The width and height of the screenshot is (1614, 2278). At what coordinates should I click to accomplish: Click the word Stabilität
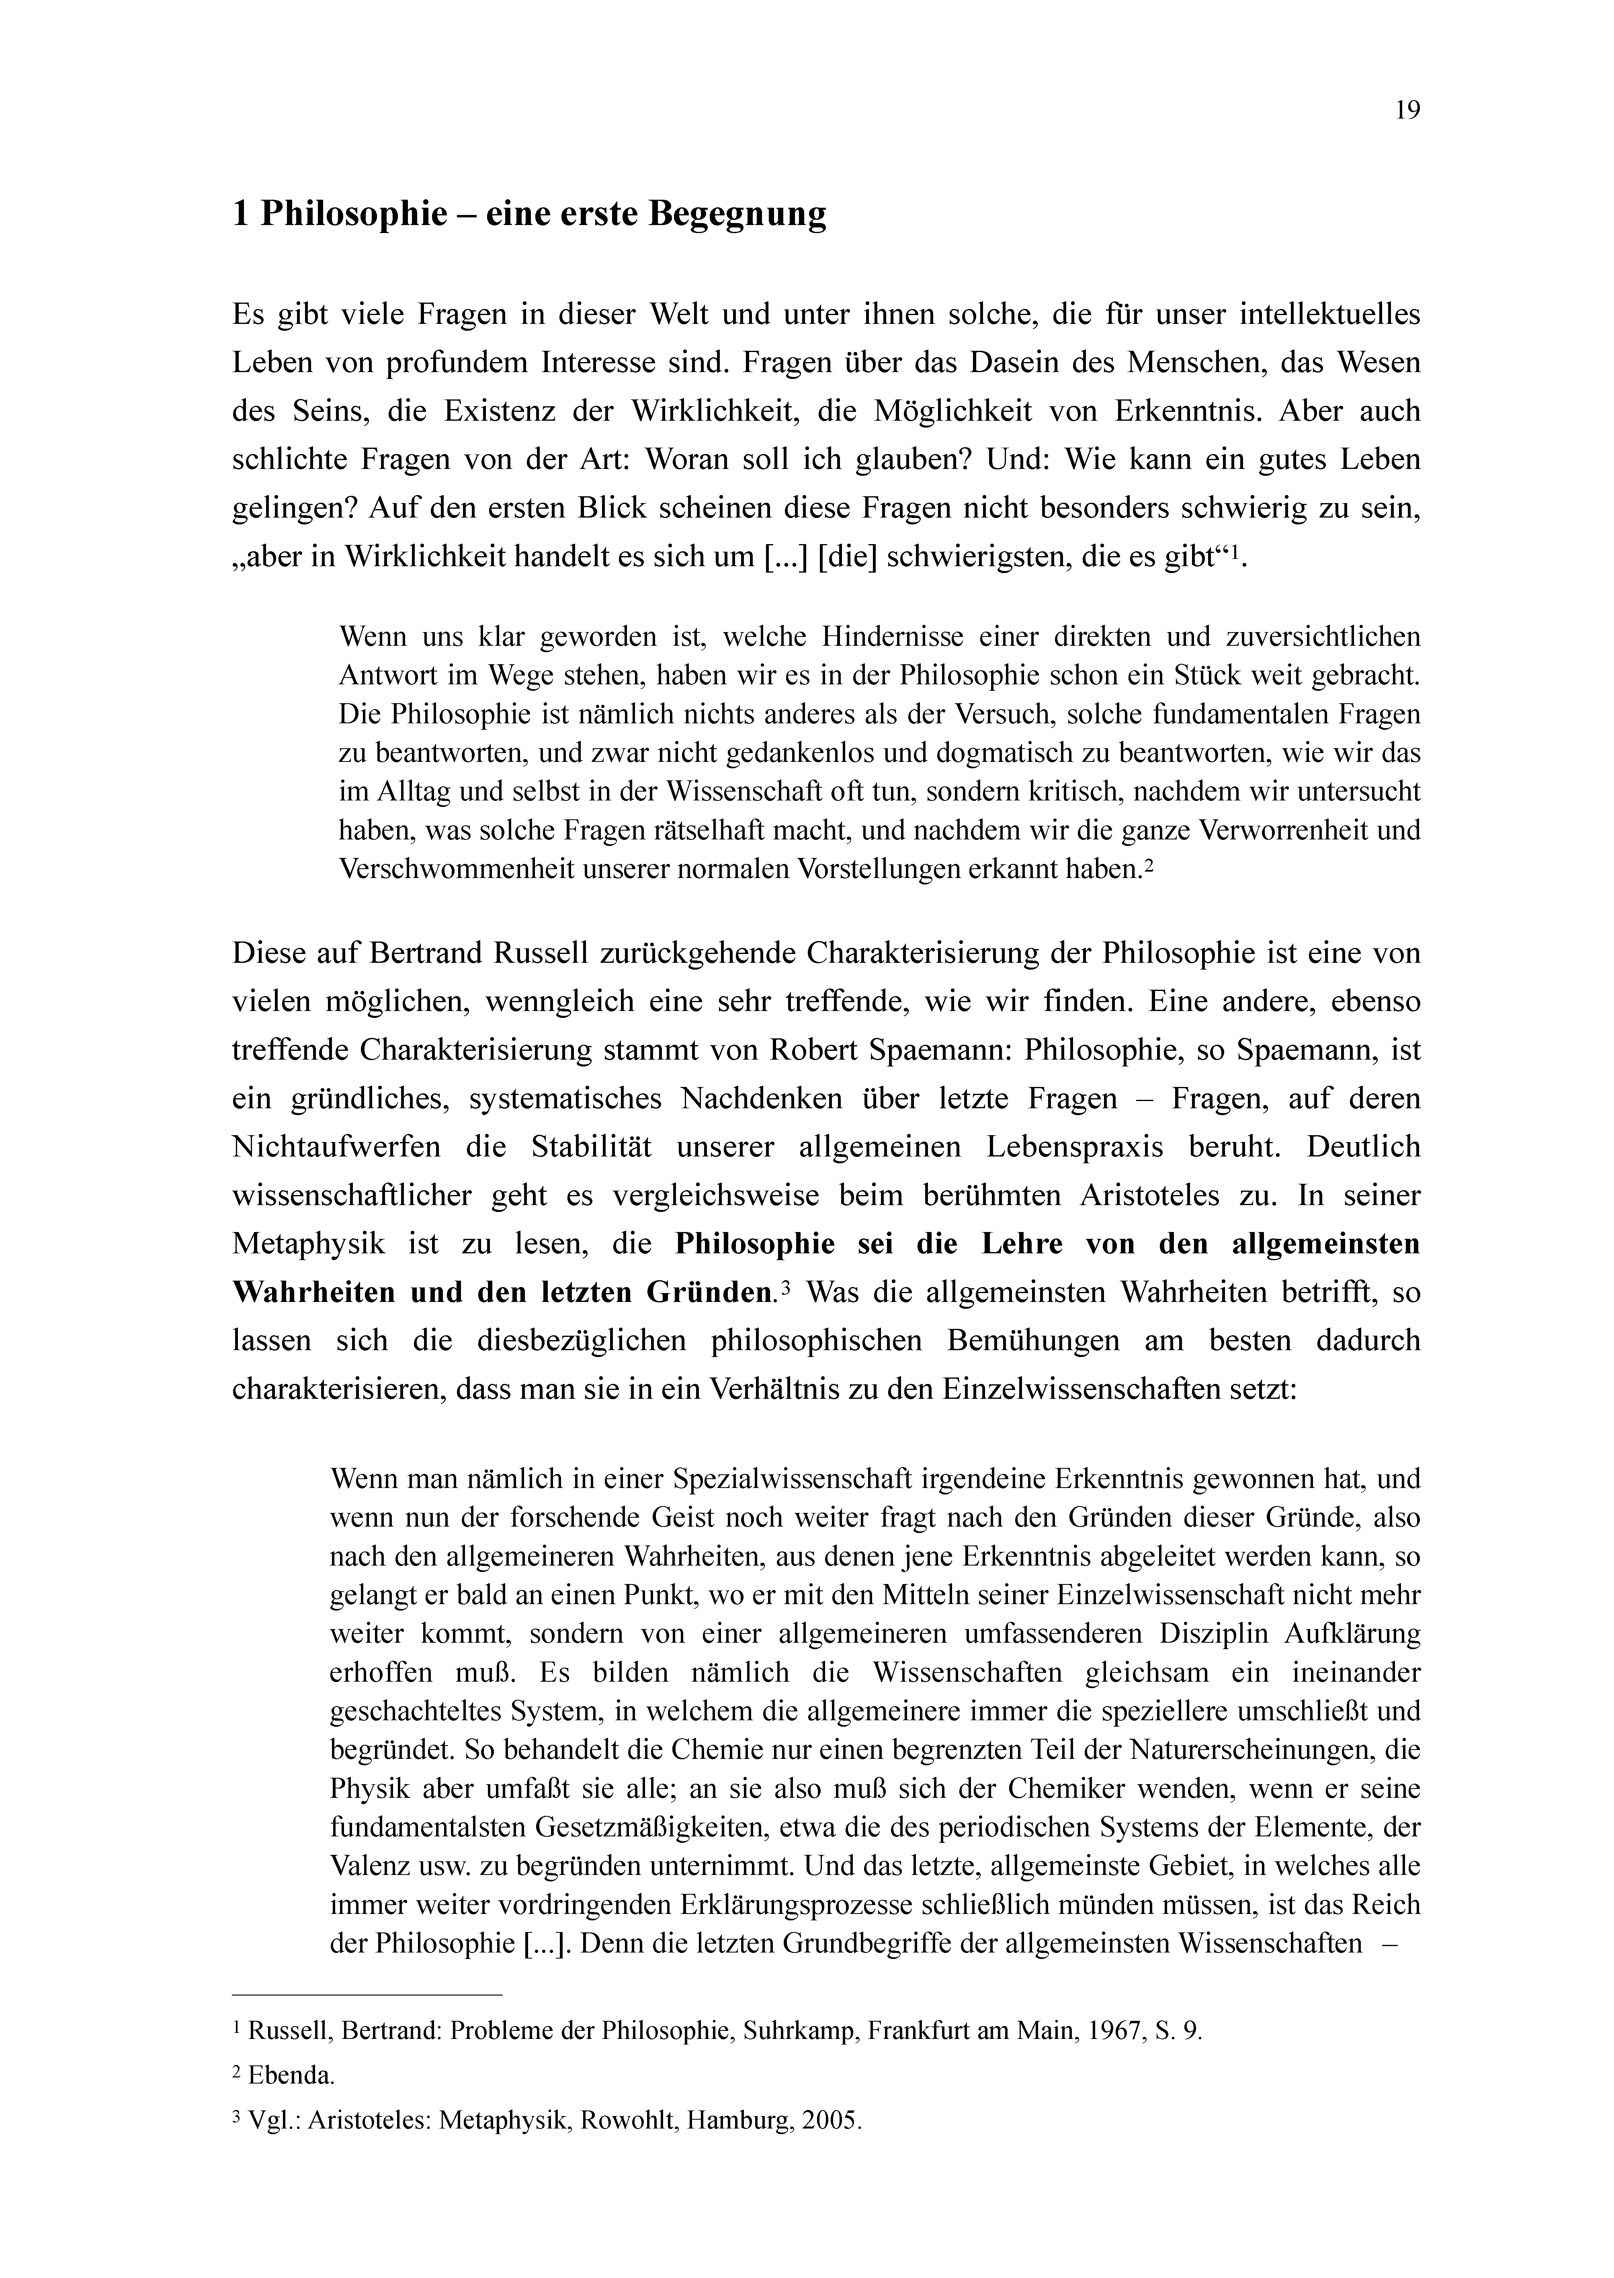(590, 1148)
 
